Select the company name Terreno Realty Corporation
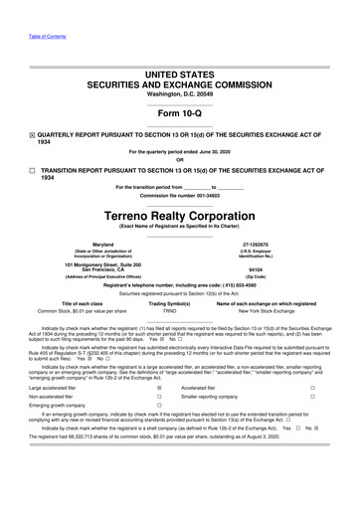click(180, 214)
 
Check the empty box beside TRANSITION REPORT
click(32, 171)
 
